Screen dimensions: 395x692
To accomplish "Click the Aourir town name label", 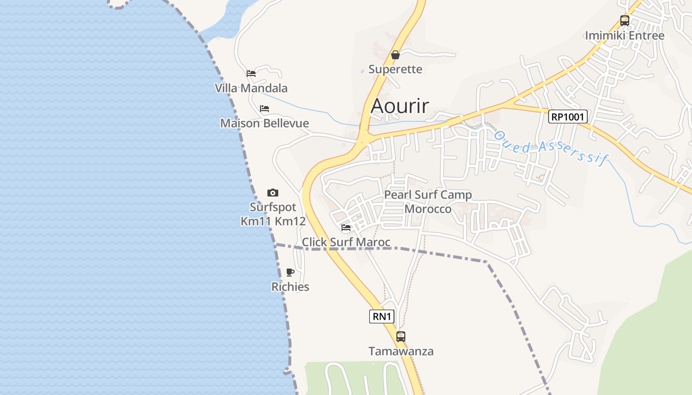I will (400, 106).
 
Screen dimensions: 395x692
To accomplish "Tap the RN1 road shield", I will (382, 316).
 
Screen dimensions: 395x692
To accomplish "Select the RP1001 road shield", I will (568, 117).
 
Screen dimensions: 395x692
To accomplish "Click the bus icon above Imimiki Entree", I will (625, 21).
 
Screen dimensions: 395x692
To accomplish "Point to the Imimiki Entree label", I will (625, 36).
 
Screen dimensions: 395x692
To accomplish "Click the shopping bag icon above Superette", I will (395, 55).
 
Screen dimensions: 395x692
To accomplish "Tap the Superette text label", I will (395, 69).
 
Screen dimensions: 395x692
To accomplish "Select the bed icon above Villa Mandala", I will (251, 74).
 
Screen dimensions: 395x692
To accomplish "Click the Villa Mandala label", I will (251, 88).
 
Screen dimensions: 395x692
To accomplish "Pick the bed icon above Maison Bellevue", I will (264, 109).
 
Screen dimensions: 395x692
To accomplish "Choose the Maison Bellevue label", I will (264, 123).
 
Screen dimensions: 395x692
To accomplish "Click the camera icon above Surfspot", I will (273, 193).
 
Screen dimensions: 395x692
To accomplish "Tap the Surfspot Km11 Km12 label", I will (273, 214).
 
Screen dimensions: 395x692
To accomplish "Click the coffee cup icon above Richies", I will (290, 272).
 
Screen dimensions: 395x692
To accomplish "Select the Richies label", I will (290, 287).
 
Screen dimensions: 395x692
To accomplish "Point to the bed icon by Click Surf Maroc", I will (346, 228).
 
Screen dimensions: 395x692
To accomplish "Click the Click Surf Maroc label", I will (346, 242).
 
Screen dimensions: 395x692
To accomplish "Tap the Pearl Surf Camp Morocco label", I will (428, 202).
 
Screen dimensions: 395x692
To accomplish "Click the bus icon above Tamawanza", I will (401, 337).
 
